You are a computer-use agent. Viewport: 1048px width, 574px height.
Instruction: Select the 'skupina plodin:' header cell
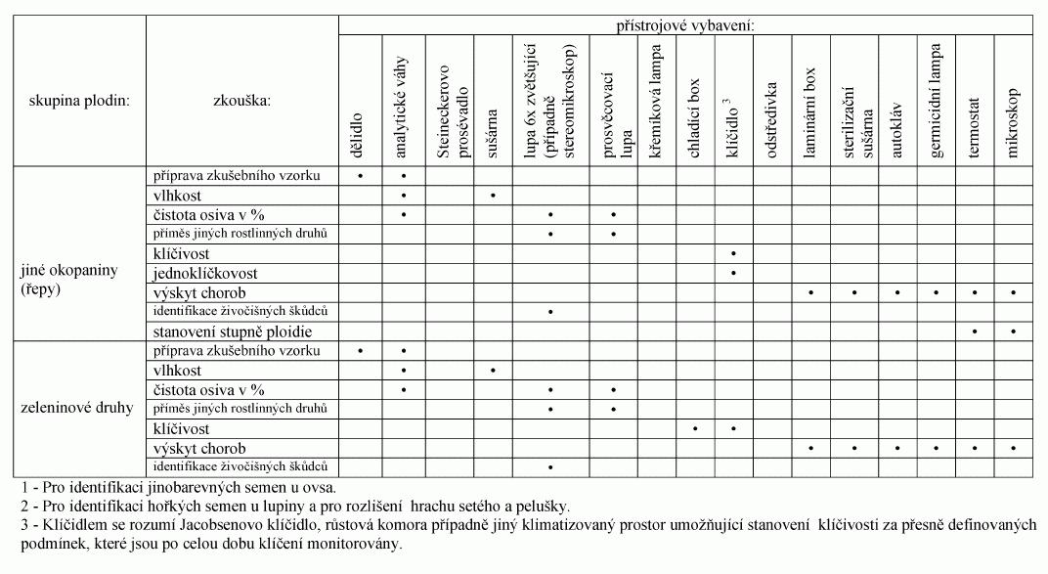[79, 100]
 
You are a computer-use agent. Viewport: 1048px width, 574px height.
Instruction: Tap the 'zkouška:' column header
[241, 100]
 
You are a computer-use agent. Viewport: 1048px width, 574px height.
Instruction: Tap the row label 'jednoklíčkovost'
[205, 273]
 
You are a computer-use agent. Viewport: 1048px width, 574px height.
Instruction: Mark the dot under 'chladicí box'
[695, 428]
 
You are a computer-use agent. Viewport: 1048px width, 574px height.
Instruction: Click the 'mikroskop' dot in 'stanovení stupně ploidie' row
[1013, 331]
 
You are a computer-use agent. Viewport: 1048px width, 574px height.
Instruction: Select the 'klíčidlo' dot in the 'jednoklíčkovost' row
[733, 273]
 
